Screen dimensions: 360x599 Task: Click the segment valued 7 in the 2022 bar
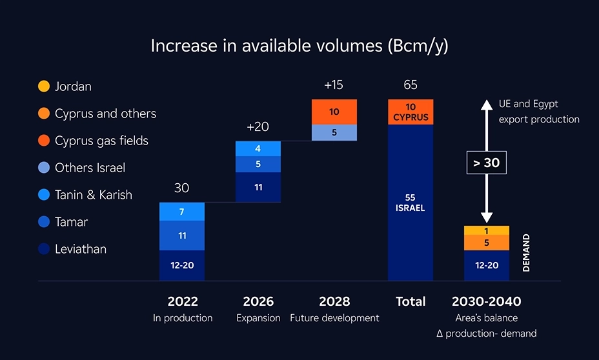coord(182,212)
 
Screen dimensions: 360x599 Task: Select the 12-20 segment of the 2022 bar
coord(182,265)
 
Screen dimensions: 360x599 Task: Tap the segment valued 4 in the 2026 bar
coord(258,148)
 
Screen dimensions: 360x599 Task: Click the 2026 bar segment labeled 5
coord(258,165)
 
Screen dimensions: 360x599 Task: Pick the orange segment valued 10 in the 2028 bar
coord(334,112)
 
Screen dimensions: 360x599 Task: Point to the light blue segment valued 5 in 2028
coord(334,132)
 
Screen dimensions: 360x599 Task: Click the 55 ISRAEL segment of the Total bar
coord(411,202)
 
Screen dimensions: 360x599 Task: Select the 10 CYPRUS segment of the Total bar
coord(411,112)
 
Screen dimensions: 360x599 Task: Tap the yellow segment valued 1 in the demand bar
coord(486,230)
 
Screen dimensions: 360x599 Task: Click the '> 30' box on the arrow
coord(487,163)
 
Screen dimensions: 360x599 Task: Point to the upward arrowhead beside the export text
coord(487,104)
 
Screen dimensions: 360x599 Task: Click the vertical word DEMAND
coord(526,253)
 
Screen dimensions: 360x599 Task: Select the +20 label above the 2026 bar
coord(258,127)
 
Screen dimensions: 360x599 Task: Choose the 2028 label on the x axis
coord(334,301)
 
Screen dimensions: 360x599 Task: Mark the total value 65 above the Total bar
coord(411,85)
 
